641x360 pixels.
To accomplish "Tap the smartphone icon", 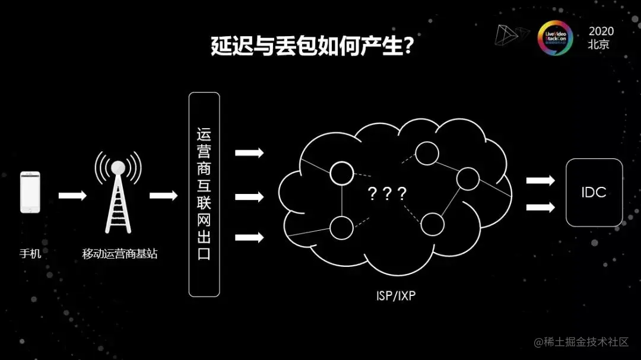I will (30, 192).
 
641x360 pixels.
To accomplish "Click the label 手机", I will (30, 254).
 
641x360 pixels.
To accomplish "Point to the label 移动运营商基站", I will (120, 254).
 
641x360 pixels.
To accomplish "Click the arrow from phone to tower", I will (72, 196).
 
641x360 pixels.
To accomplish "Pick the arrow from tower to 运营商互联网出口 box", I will (163, 196).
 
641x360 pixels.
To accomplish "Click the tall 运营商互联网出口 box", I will (204, 194).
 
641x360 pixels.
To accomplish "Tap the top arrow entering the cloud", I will (249, 153).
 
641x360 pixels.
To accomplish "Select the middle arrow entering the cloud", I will (249, 196).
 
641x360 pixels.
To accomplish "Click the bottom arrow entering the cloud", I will (249, 238).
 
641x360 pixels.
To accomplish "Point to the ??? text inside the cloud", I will (387, 193).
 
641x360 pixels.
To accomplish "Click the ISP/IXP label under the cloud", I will (396, 295).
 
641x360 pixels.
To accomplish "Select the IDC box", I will (594, 192).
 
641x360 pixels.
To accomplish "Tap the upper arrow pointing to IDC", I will (540, 180).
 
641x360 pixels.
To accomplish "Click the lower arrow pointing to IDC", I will (540, 207).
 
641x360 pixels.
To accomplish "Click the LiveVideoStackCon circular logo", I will (555, 38).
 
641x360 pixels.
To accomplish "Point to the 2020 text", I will (601, 31).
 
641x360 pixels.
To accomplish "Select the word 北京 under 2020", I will (599, 44).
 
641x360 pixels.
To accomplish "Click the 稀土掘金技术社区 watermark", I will (581, 342).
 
